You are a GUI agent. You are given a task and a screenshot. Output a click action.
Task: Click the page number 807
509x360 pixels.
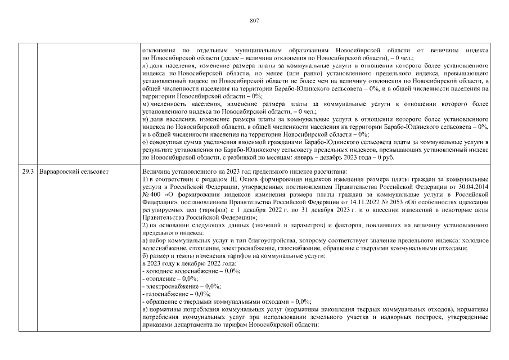click(254, 21)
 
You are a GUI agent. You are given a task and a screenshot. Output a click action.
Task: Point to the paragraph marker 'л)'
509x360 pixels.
click(145, 66)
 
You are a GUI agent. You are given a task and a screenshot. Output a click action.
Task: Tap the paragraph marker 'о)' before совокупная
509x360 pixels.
click(145, 143)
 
